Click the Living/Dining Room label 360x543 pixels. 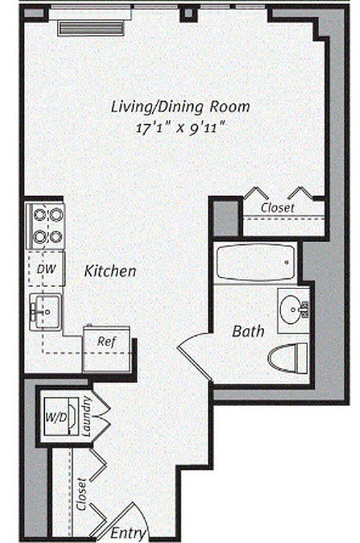(x=181, y=107)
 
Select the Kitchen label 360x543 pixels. (x=110, y=271)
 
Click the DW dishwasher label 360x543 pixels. (x=46, y=269)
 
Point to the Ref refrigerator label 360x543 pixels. (x=105, y=341)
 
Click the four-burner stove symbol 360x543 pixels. (x=46, y=226)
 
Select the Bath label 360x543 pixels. (x=248, y=331)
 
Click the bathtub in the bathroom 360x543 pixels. (x=255, y=263)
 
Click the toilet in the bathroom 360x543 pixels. (x=288, y=357)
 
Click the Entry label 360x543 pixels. (x=128, y=533)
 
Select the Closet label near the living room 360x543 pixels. (x=278, y=208)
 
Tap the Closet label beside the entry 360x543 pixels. (x=82, y=494)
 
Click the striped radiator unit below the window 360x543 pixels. (x=90, y=27)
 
